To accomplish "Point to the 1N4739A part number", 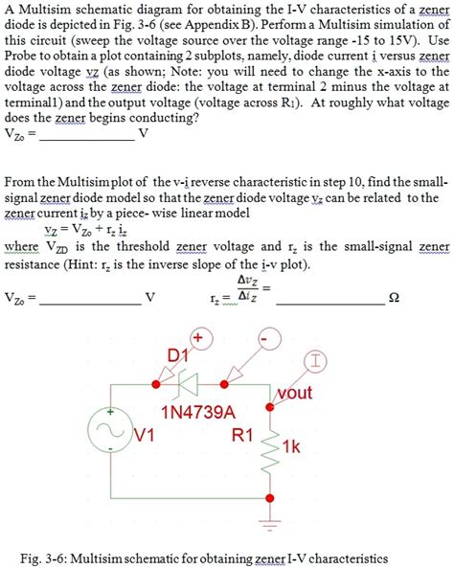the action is point(192,414).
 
